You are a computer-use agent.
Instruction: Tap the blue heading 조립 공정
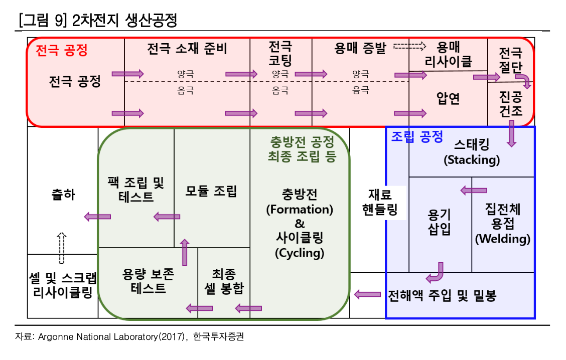[x=417, y=136]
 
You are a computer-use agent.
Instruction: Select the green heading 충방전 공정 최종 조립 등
[x=302, y=148]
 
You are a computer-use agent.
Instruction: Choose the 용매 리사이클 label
[x=448, y=55]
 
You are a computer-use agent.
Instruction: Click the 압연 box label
[x=448, y=99]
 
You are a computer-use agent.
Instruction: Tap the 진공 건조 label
[x=511, y=103]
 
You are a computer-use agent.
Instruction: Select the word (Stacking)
[x=472, y=160]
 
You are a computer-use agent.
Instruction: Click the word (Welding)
[x=503, y=239]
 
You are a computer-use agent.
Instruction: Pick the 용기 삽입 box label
[x=439, y=222]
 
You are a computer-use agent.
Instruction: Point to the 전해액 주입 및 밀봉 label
[x=442, y=296]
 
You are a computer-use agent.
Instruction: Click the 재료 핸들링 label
[x=380, y=202]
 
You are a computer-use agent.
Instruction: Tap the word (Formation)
[x=300, y=209]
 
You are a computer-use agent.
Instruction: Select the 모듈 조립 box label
[x=211, y=191]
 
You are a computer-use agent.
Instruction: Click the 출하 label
[x=63, y=194]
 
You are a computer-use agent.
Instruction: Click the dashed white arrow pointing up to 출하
[x=61, y=248]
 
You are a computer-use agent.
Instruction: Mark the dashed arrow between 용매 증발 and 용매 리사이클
[x=409, y=47]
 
